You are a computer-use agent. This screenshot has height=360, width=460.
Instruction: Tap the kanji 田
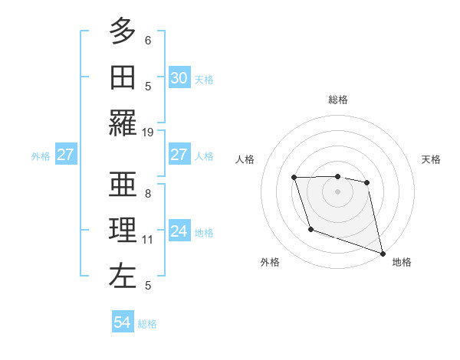123,77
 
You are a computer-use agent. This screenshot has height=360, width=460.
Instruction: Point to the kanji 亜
123,183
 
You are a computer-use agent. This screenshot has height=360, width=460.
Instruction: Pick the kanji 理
123,230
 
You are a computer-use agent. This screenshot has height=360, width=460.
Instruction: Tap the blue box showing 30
179,77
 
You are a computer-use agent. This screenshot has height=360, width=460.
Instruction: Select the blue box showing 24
179,231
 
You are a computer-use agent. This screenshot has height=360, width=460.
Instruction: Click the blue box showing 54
123,323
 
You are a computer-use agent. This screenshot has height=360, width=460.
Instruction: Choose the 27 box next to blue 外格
65,155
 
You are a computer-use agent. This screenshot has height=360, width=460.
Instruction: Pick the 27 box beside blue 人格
179,155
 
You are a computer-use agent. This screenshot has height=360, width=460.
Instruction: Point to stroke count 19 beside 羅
148,132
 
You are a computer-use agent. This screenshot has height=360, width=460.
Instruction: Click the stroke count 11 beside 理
148,240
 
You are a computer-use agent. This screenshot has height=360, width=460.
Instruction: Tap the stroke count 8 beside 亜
148,193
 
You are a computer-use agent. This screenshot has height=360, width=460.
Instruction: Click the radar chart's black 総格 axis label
337,100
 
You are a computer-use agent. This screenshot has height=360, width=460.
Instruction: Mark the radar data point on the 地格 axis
383,253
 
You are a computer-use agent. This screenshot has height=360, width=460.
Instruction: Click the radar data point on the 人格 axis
294,178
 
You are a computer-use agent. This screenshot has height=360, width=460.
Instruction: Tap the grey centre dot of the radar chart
337,191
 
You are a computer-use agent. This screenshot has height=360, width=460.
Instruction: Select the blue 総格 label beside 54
147,324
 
